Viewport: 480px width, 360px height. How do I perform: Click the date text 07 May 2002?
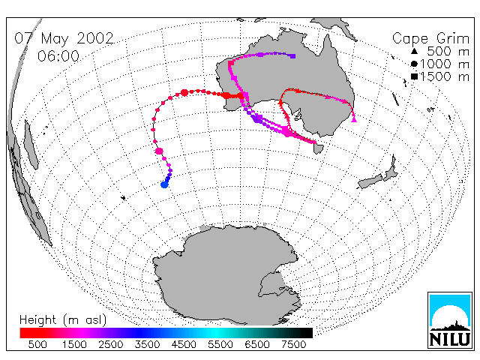coord(64,38)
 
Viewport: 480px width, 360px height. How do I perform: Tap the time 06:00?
coord(58,56)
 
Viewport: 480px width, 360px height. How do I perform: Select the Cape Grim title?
coord(430,39)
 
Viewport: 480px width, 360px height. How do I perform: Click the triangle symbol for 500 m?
coord(414,51)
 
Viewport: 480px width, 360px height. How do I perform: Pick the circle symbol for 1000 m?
coord(414,64)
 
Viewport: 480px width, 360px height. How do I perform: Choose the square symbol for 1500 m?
coord(414,76)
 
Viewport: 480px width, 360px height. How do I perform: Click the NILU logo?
coord(450,320)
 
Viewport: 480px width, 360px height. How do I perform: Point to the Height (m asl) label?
coord(63,320)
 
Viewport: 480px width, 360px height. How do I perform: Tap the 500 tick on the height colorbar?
coord(37,344)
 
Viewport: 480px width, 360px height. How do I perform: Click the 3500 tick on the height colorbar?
coord(147,344)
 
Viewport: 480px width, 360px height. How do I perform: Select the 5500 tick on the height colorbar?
coord(220,344)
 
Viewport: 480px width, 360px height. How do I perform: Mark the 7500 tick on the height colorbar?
coord(293,344)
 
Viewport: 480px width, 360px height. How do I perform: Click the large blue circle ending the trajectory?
coord(164,184)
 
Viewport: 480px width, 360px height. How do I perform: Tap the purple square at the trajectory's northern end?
coord(293,56)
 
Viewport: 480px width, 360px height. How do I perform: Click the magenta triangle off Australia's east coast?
coord(354,119)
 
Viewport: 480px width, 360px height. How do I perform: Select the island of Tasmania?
coord(318,148)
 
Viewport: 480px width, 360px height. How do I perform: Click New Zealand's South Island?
coord(370,181)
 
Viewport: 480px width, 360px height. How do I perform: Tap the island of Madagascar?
coord(31,145)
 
